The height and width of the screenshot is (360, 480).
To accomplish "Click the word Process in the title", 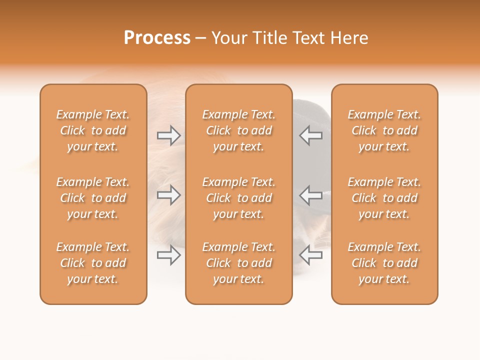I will pyautogui.click(x=157, y=38).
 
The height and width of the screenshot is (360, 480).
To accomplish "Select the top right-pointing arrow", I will pyautogui.click(x=168, y=135).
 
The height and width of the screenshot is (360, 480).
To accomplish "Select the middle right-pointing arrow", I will pyautogui.click(x=168, y=194).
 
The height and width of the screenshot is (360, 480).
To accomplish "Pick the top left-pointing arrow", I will pyautogui.click(x=310, y=135).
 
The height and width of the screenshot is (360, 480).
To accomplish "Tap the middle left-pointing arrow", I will pyautogui.click(x=310, y=194).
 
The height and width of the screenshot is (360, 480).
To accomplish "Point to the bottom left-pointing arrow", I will pyautogui.click(x=310, y=255).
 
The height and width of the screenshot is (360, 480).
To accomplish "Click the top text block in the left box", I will pyautogui.click(x=93, y=130).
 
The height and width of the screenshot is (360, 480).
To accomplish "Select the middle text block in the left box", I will pyautogui.click(x=93, y=198).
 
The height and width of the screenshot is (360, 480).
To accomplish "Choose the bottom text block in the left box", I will pyautogui.click(x=93, y=263).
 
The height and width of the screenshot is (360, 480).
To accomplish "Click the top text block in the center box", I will pyautogui.click(x=238, y=130).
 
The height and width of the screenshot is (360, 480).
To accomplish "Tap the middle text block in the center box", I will pyautogui.click(x=238, y=198).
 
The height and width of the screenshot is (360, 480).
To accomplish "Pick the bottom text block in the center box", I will pyautogui.click(x=238, y=263).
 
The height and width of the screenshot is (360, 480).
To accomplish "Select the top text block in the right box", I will pyautogui.click(x=384, y=130).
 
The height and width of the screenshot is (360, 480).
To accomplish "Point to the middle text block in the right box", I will pyautogui.click(x=384, y=198).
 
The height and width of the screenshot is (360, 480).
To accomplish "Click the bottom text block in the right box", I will pyautogui.click(x=384, y=263).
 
